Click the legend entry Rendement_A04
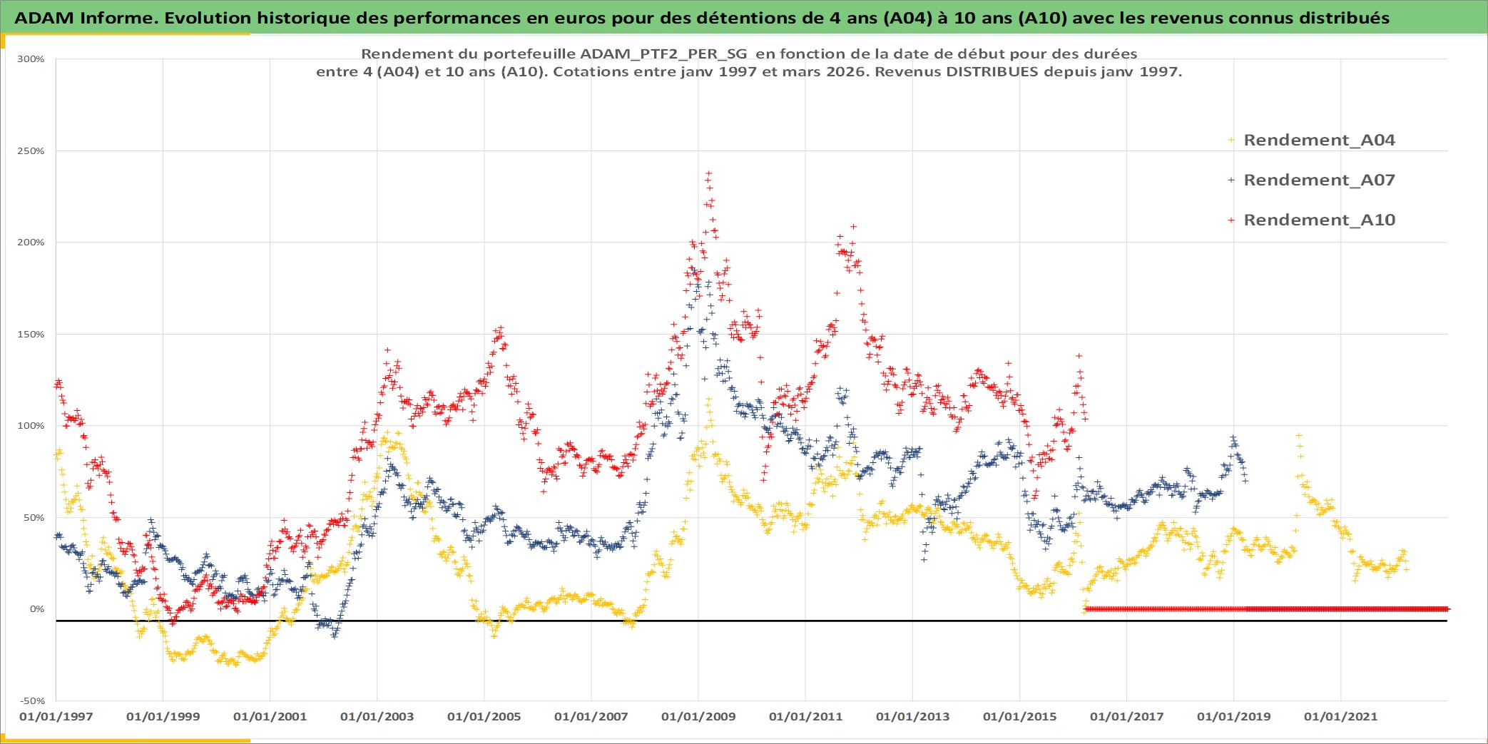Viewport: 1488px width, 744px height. click(x=1318, y=141)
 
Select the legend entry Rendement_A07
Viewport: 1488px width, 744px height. click(x=1318, y=180)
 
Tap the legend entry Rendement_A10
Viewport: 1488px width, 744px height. click(x=1318, y=220)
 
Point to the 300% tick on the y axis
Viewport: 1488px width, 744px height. click(x=31, y=59)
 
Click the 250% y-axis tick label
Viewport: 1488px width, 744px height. click(x=31, y=151)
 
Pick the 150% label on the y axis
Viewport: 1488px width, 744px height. click(x=31, y=335)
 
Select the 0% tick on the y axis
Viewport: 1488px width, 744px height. click(x=36, y=609)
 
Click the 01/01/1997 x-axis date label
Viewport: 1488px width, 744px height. click(x=56, y=717)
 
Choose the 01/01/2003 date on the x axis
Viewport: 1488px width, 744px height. click(x=377, y=717)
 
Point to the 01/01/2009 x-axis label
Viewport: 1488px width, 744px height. click(x=698, y=717)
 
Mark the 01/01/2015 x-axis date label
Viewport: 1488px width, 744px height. click(x=1020, y=717)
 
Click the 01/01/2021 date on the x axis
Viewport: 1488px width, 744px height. click(x=1341, y=717)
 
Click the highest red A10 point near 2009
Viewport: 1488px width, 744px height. click(x=708, y=173)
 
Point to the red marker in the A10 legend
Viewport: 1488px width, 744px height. click(x=1231, y=220)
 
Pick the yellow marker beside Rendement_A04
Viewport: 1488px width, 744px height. click(x=1231, y=141)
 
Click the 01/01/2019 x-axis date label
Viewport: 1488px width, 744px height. click(x=1234, y=717)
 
